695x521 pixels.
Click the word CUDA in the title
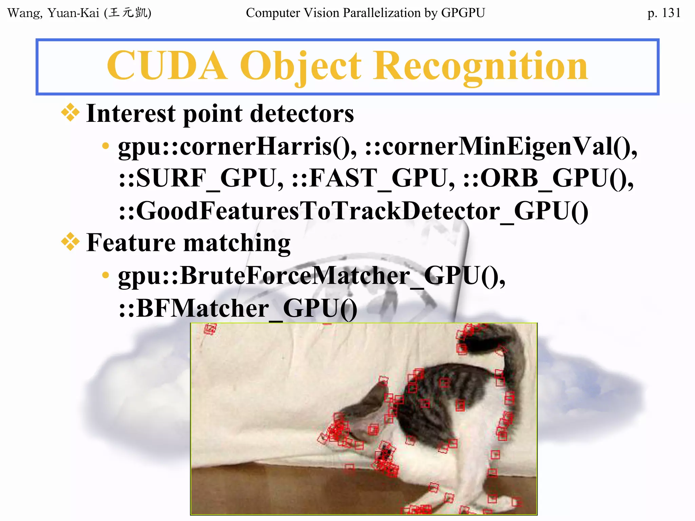click(x=167, y=66)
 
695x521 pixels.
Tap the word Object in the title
click(x=301, y=66)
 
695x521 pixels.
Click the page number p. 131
click(x=663, y=13)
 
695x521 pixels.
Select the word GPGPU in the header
click(x=463, y=13)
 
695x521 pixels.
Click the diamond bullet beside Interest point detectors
click(x=70, y=113)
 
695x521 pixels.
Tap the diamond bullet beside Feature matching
click(x=70, y=242)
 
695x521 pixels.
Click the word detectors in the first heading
click(x=302, y=113)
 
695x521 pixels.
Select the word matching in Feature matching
click(x=237, y=243)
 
